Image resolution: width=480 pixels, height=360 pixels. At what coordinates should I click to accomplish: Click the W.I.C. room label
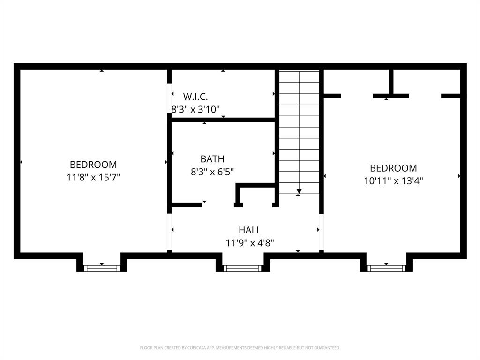(x=195, y=97)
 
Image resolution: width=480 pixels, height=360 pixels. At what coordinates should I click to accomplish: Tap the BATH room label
(x=212, y=159)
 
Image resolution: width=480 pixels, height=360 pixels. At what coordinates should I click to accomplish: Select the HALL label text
(x=250, y=230)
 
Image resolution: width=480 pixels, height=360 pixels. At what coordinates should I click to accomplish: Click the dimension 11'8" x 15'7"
(x=93, y=177)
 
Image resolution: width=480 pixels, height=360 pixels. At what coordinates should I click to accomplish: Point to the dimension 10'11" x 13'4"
(x=393, y=180)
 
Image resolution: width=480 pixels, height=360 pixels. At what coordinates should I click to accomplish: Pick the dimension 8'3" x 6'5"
(x=212, y=172)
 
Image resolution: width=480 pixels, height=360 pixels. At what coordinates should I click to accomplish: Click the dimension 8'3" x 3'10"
(x=195, y=109)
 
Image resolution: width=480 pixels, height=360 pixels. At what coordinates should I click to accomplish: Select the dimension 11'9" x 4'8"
(x=250, y=243)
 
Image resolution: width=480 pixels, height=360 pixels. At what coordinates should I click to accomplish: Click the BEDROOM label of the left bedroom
(x=93, y=165)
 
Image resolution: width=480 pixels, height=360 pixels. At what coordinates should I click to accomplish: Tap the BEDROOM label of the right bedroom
(x=393, y=168)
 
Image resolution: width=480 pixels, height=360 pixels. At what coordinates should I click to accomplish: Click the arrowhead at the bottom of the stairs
(x=299, y=191)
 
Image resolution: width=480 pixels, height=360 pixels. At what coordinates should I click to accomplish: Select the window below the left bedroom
(x=102, y=268)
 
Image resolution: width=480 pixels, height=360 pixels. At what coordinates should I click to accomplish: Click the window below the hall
(x=242, y=268)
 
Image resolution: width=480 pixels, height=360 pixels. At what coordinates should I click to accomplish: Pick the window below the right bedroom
(x=386, y=268)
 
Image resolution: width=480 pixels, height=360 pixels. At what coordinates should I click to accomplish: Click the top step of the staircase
(x=299, y=76)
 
